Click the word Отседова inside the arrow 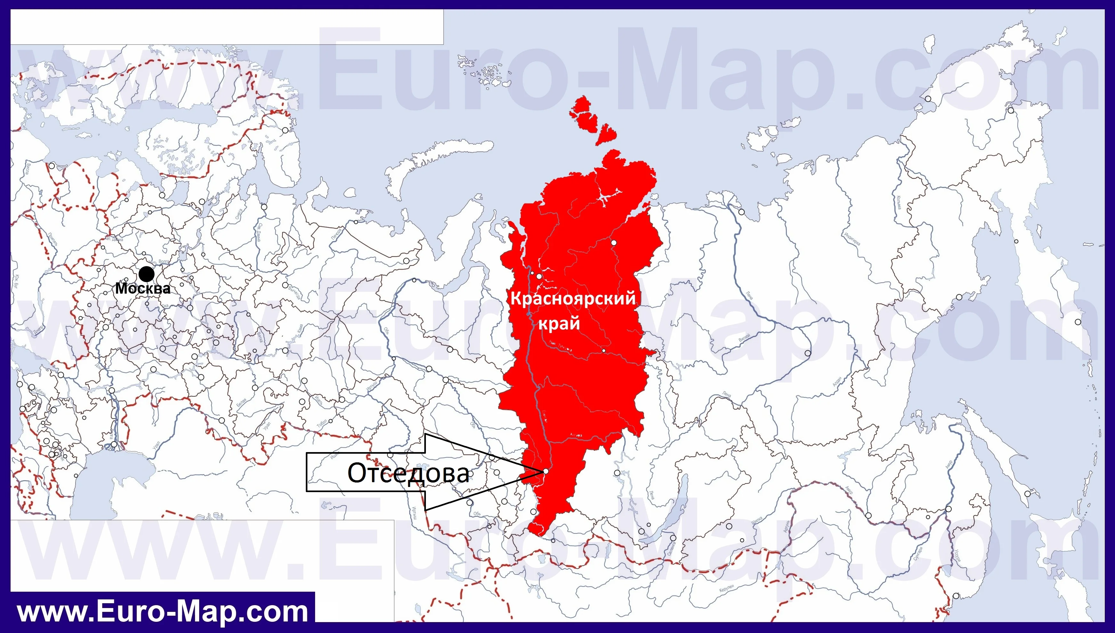(x=408, y=473)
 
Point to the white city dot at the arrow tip (x=546, y=471)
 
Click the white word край (x=559, y=323)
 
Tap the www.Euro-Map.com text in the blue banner (x=163, y=612)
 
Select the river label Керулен (x=726, y=588)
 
